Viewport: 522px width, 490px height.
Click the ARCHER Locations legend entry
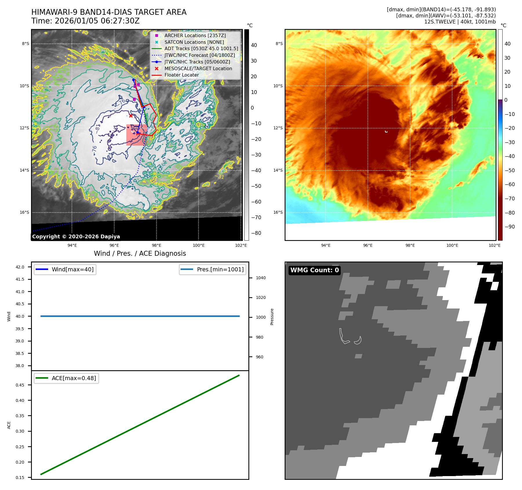click(x=195, y=35)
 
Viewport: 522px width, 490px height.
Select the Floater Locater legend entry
click(x=181, y=75)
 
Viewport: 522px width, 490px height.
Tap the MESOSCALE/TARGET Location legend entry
click(x=198, y=68)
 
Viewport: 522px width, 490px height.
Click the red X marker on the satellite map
click(x=131, y=116)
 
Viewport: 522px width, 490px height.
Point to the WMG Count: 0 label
click(x=314, y=270)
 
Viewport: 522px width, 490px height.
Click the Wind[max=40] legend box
click(x=65, y=269)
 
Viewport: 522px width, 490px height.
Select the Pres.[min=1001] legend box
click(x=212, y=269)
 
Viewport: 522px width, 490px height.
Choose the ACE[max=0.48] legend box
click(x=66, y=378)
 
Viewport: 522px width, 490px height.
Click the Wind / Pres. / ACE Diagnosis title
click(x=140, y=253)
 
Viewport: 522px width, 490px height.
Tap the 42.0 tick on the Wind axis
click(x=20, y=267)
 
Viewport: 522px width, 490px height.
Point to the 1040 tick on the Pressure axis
click(x=261, y=278)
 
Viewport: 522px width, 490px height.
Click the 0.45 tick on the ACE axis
click(x=20, y=385)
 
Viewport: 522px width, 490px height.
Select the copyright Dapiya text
click(x=76, y=237)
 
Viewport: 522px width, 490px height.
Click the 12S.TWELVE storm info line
click(x=460, y=22)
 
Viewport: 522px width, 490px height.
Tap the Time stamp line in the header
click(x=86, y=21)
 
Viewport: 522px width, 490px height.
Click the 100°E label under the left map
click(x=199, y=245)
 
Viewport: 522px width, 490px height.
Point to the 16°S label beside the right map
click(x=278, y=212)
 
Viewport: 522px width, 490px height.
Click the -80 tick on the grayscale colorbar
click(x=256, y=233)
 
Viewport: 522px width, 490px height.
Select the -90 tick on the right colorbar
click(x=510, y=227)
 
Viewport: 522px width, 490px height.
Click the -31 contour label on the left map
click(x=221, y=177)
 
